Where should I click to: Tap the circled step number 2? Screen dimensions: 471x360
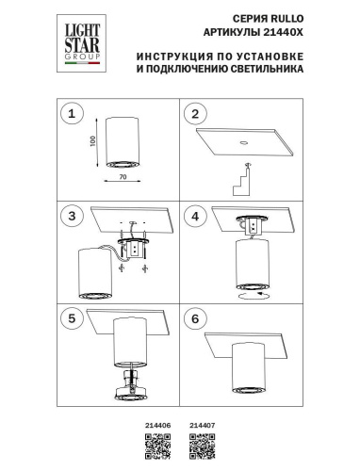[x=195, y=115]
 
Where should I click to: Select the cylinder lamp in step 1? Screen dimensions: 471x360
[x=123, y=144]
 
